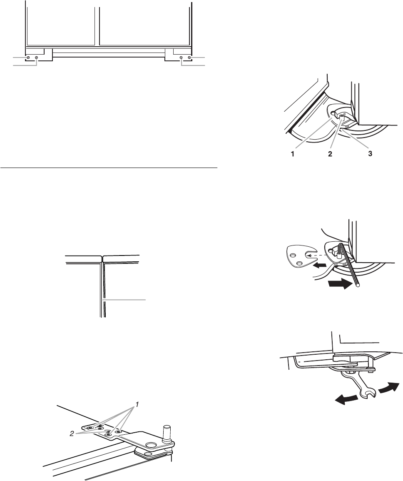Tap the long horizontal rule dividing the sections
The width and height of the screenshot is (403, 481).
tap(109, 169)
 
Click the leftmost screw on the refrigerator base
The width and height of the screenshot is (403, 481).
tap(28, 57)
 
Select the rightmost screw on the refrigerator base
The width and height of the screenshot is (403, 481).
tap(189, 57)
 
